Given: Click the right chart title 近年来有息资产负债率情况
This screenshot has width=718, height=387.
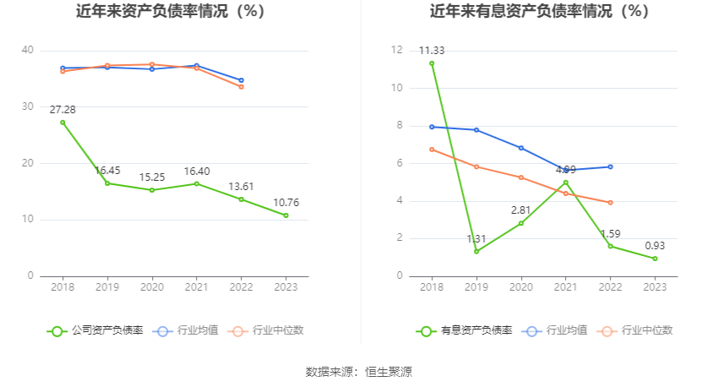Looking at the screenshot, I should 539,12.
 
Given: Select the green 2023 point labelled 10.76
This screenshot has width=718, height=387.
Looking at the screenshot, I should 286,215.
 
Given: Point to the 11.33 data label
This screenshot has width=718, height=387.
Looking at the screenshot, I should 432,51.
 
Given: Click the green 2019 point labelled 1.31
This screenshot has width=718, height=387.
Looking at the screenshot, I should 476,251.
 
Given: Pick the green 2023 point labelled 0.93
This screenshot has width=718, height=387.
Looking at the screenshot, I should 655,259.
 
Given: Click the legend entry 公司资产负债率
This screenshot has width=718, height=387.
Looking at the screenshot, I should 95,330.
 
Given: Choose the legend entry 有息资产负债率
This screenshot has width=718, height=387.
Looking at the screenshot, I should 465,330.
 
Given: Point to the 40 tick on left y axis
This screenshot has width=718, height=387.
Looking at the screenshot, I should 28,51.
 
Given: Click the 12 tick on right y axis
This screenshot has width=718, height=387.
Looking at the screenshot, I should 396,51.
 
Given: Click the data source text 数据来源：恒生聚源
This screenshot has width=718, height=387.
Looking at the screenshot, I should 359,372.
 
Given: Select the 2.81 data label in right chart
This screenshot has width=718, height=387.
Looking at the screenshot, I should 521,210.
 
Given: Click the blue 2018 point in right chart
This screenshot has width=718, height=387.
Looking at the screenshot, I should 432,127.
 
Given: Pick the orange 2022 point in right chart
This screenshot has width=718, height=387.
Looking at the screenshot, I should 610,203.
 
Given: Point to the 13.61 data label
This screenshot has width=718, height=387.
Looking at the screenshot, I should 241,187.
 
